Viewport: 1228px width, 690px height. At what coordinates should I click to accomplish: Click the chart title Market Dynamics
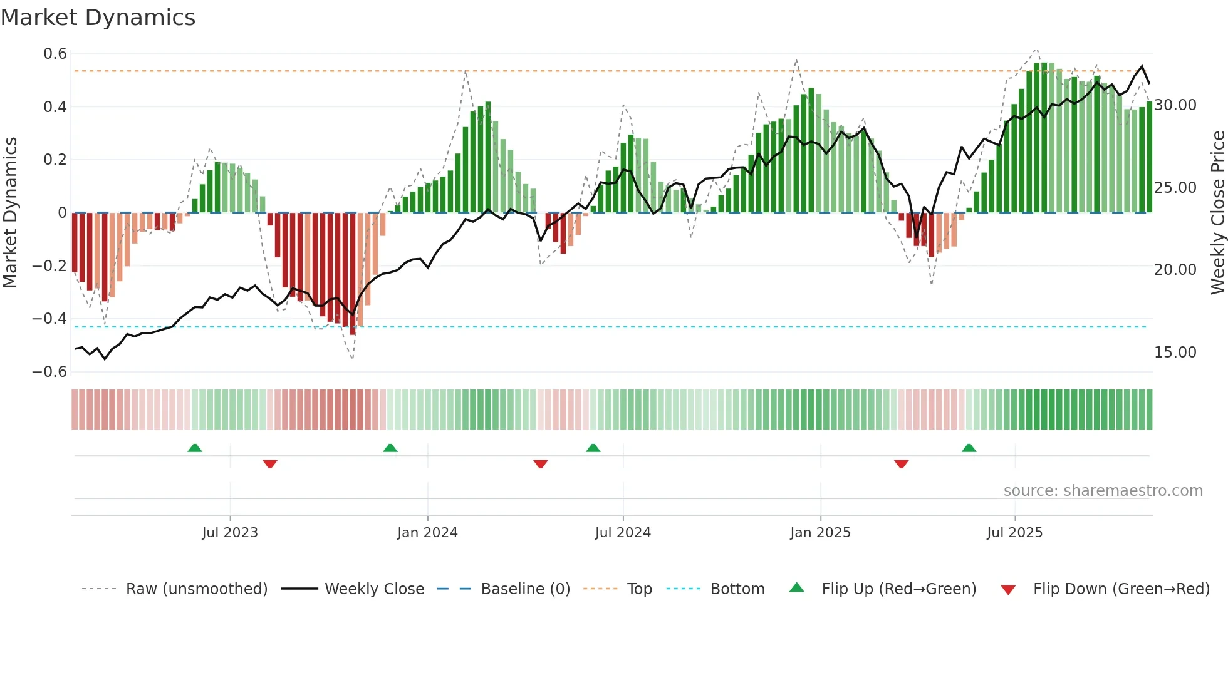click(x=98, y=18)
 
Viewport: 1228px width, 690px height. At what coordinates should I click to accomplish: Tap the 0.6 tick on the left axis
click(x=55, y=54)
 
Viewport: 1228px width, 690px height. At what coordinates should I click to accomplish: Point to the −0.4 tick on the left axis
click(x=49, y=319)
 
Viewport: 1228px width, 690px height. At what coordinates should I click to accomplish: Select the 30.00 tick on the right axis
click(x=1175, y=105)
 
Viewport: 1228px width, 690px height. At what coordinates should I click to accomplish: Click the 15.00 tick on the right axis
click(x=1175, y=353)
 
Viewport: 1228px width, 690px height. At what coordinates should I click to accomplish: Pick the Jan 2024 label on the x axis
click(x=427, y=533)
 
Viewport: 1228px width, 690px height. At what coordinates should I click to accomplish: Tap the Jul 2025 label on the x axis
click(x=1014, y=533)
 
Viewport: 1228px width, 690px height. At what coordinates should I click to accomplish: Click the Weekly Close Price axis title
click(x=1217, y=212)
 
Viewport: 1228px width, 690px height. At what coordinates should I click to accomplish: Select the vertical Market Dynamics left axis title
click(x=10, y=212)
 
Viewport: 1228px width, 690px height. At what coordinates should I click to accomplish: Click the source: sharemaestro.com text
click(x=1103, y=491)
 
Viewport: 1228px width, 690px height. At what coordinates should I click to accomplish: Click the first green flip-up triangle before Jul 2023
click(x=195, y=448)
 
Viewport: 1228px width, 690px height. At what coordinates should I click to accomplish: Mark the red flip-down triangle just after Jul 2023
click(x=270, y=464)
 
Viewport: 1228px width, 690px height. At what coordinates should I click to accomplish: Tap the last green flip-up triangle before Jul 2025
click(x=969, y=448)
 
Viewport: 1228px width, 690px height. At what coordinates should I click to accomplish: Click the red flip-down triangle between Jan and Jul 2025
click(x=901, y=464)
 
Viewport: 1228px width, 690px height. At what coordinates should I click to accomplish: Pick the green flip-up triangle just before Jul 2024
click(x=593, y=448)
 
